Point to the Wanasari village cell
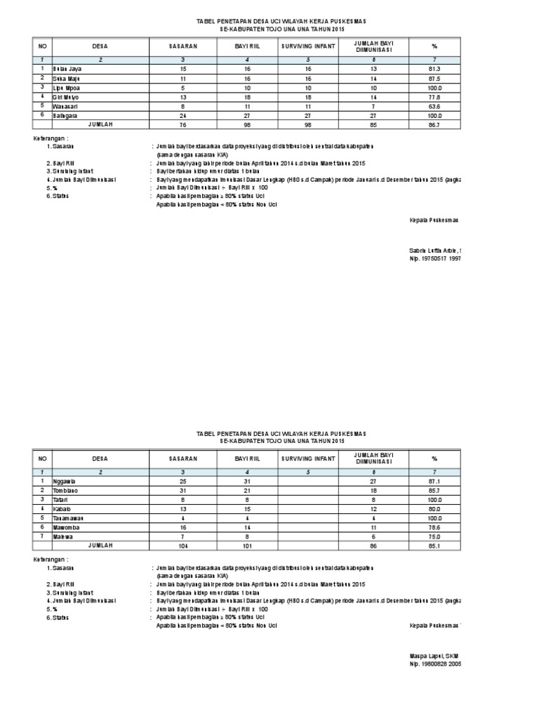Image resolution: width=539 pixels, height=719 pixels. [x=65, y=105]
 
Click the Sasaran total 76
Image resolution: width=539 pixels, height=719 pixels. [x=183, y=124]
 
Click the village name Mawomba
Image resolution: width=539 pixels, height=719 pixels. [x=65, y=526]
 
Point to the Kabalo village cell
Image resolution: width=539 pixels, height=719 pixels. [x=62, y=508]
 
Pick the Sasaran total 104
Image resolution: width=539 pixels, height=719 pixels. [x=183, y=544]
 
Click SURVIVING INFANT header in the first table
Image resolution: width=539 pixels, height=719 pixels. [x=308, y=46]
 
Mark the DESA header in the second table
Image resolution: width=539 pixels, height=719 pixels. [x=100, y=458]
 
